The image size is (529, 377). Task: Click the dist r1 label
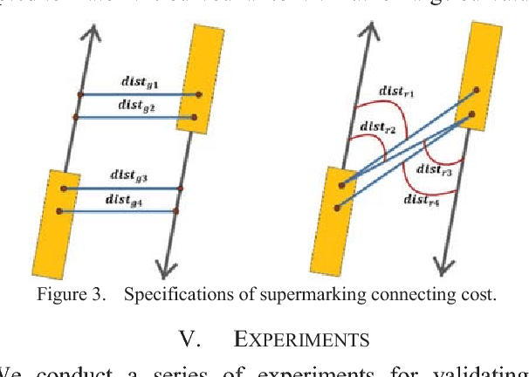click(397, 91)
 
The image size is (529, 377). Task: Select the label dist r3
click(434, 171)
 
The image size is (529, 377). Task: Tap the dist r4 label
click(422, 200)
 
